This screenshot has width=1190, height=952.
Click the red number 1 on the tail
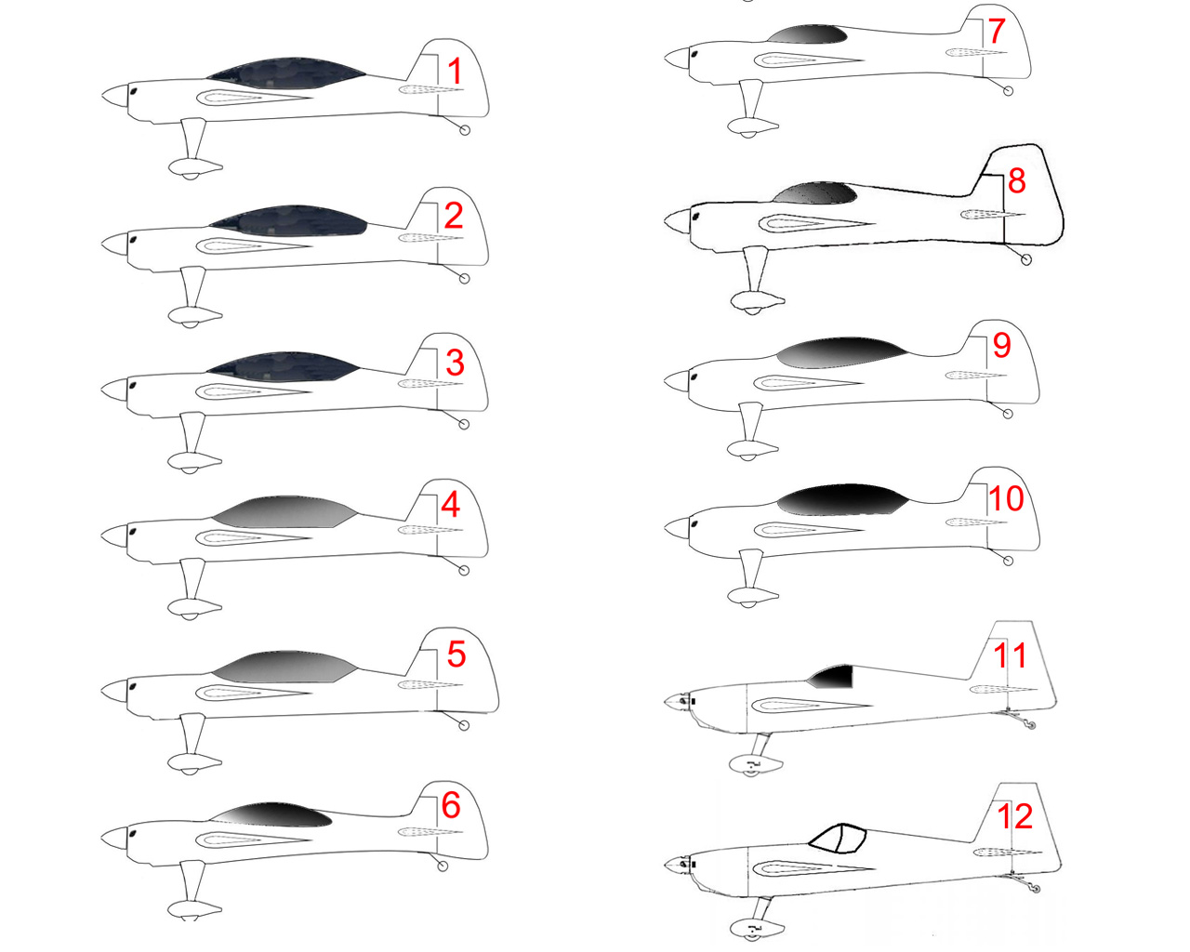coord(455,72)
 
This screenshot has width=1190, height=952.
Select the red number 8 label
coord(1016,180)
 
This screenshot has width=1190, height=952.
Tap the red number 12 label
coord(1014,816)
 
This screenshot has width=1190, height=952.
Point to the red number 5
coord(456,654)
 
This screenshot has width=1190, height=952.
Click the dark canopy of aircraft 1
coord(286,73)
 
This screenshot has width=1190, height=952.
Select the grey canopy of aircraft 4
coord(284,511)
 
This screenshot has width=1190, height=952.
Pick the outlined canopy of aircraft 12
coord(838,838)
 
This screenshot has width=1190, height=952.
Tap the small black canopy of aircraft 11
coord(833,677)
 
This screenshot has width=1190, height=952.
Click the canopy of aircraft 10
coord(842,499)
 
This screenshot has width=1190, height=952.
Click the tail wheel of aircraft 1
coord(465,130)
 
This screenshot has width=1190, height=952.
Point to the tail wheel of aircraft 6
coord(442,866)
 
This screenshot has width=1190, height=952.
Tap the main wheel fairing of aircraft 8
coord(757,301)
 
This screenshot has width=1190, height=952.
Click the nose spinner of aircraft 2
coord(115,244)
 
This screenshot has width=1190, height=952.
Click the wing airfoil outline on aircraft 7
coord(809,60)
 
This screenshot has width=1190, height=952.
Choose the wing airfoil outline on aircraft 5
coord(253,693)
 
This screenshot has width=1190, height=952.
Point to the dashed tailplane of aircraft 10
coord(975,522)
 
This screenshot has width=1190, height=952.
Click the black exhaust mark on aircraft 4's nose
coord(132,532)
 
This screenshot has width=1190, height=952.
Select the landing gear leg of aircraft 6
coord(192,882)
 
